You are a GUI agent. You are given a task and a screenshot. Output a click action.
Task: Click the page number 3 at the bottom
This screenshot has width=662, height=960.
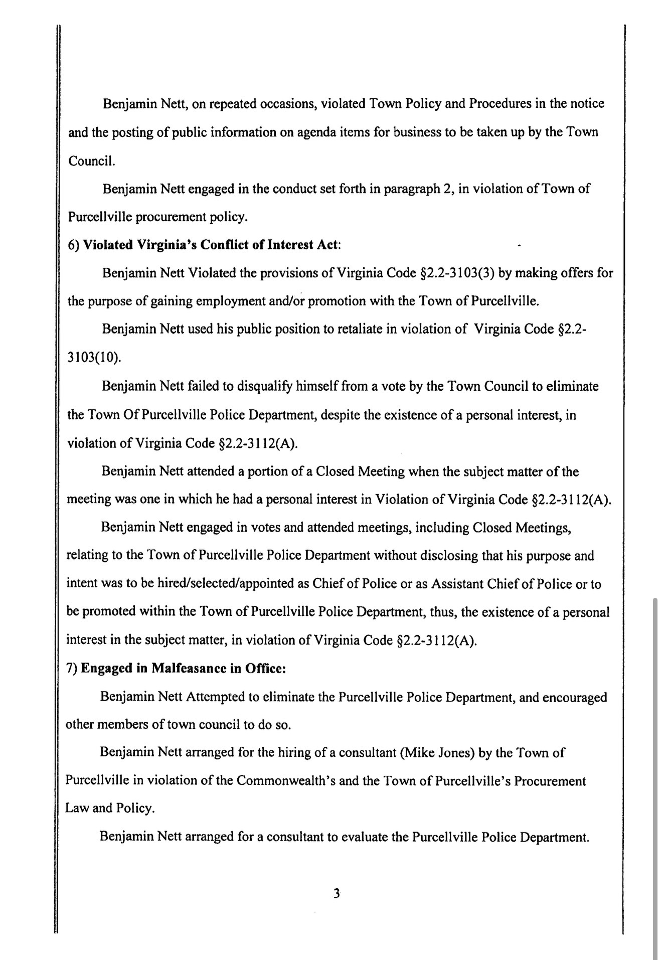[337, 893]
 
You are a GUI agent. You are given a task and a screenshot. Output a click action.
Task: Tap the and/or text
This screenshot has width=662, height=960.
[285, 301]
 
